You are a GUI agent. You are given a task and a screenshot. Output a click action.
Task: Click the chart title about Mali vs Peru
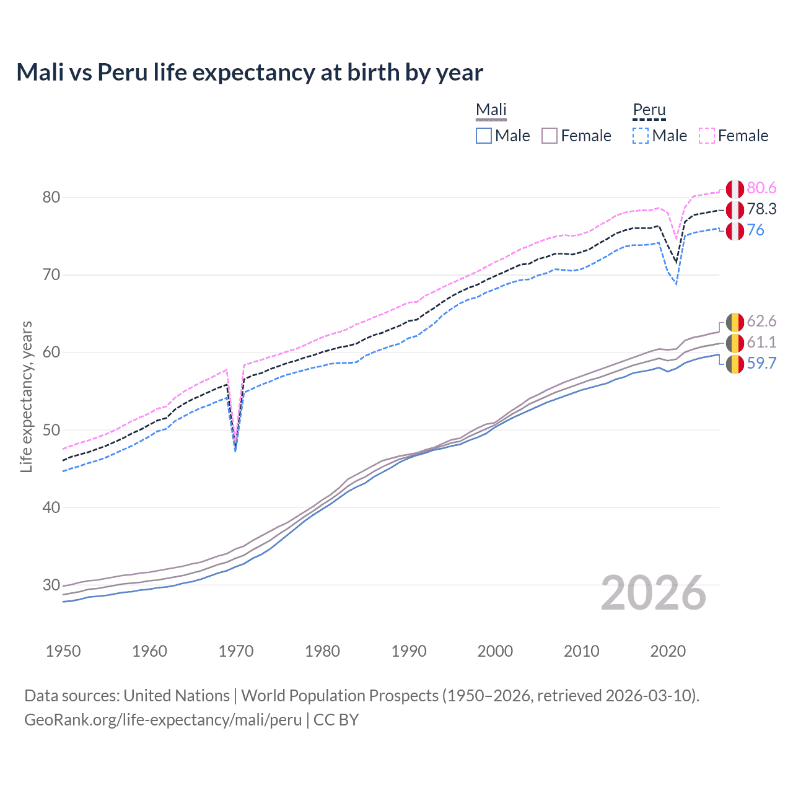249,72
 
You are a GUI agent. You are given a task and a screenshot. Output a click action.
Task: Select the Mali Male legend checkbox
484,136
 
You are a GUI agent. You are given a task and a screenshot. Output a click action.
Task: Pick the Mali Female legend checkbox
550,136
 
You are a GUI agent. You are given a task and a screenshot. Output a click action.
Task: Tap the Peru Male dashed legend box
641,136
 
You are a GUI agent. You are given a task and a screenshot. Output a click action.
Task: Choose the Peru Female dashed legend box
707,136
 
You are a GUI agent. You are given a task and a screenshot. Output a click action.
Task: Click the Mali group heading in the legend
491,110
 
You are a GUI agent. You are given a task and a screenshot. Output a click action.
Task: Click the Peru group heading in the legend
649,110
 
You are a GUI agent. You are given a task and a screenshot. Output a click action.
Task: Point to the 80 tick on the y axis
51,198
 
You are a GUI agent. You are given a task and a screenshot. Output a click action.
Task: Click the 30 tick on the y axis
51,585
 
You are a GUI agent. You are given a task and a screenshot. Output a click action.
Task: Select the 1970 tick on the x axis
236,651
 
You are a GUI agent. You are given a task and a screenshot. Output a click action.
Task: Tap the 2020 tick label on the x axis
668,651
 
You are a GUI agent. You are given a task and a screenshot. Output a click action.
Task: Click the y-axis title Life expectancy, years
27,396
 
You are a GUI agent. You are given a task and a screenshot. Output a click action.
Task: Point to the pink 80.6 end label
761,188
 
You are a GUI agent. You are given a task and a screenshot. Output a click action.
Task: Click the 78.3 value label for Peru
761,209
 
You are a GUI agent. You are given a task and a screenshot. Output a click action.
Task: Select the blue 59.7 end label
761,363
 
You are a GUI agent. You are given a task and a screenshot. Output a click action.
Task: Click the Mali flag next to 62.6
735,322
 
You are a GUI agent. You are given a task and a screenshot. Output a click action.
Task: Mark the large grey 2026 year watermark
654,594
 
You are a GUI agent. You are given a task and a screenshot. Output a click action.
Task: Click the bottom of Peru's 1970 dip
235,449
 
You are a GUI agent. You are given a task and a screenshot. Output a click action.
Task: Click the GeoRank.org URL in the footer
162,720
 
